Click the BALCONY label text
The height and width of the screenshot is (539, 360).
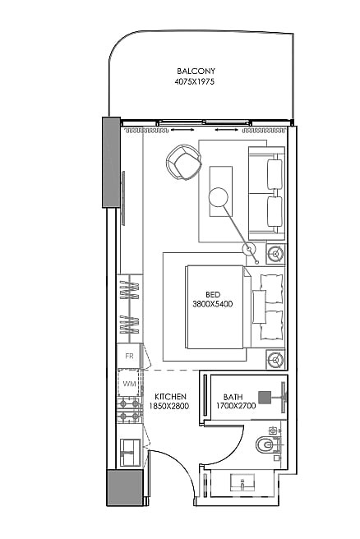tap(193, 71)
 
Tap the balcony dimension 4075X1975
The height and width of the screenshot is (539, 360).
tap(193, 82)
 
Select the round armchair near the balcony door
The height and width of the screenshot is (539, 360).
tap(183, 163)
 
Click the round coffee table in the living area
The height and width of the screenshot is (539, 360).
tap(219, 196)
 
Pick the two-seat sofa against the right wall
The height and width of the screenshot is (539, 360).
tap(268, 190)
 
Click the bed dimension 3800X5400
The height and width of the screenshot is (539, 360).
tap(213, 303)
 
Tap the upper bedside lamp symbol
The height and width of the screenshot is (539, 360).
tap(275, 251)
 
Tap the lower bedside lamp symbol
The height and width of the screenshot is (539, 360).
tap(275, 358)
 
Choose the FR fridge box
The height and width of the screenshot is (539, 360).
tap(129, 357)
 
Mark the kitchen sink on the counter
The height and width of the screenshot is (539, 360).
tap(129, 450)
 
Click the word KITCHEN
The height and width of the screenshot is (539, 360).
tap(170, 397)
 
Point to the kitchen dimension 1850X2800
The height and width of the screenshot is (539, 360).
tap(170, 407)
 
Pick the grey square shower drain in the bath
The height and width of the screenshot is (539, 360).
tap(265, 395)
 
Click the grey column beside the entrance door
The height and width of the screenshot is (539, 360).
tap(124, 488)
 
